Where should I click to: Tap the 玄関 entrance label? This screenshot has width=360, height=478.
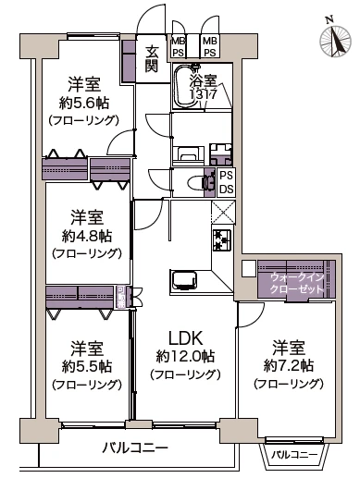click(x=152, y=58)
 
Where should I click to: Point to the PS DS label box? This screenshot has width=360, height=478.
click(x=225, y=182)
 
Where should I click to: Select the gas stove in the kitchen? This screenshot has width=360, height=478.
click(x=223, y=240)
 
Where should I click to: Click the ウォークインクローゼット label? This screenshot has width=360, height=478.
click(x=298, y=283)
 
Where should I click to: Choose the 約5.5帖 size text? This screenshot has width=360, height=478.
click(x=86, y=367)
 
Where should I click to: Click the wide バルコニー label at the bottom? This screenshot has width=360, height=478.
click(x=136, y=447)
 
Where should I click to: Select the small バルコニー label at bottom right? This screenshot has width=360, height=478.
click(x=296, y=455)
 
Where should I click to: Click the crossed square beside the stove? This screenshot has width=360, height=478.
click(x=223, y=212)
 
